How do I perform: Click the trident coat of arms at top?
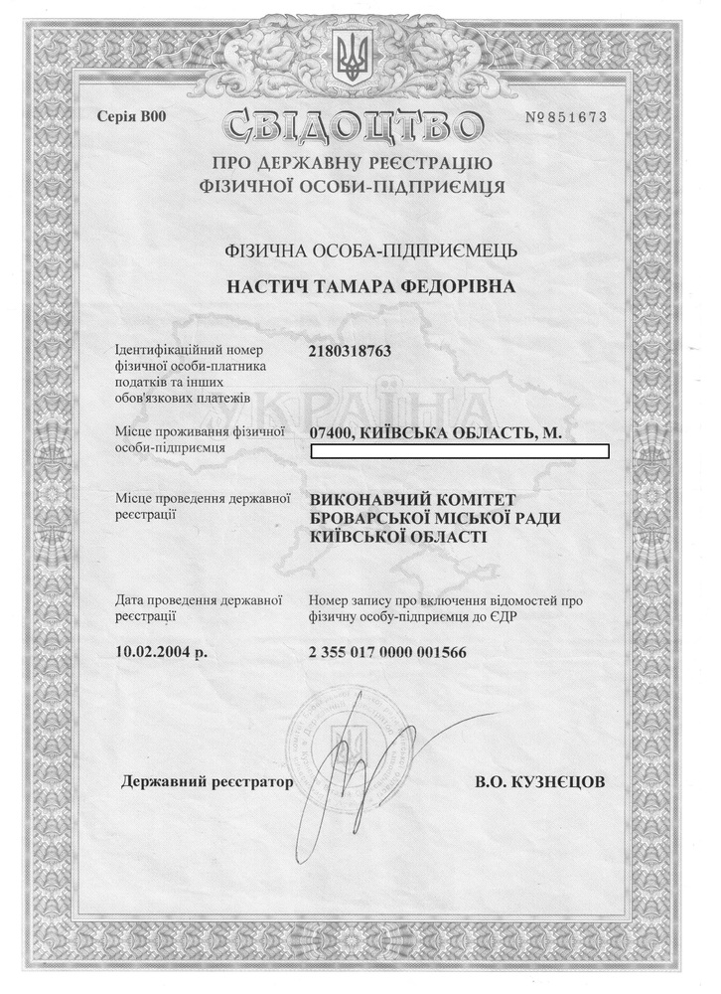[352, 56]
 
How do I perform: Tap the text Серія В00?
[130, 116]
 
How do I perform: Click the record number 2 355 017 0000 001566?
[387, 652]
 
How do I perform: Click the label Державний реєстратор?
[208, 781]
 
